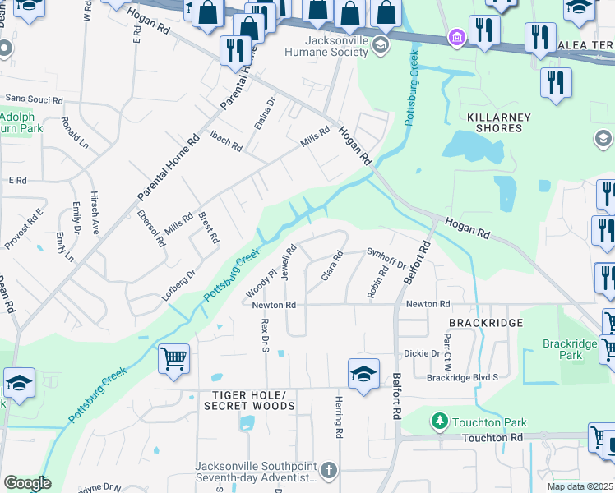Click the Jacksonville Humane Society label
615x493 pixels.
coord(336,46)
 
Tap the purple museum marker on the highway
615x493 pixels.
coord(456,37)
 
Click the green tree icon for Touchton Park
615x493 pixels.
coord(440,422)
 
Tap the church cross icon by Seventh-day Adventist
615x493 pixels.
coord(328,471)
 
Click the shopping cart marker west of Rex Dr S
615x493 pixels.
coord(174,359)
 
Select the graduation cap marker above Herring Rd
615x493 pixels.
coord(362,374)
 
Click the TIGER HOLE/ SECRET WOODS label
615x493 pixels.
coord(244,401)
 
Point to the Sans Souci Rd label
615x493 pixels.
coord(33,100)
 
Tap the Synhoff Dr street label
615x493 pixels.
coord(386,259)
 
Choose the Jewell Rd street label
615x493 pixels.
coord(288,262)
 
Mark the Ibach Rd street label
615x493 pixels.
coord(225,141)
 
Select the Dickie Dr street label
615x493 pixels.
coord(422,354)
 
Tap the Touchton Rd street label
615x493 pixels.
coord(492,438)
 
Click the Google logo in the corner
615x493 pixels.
coord(26,483)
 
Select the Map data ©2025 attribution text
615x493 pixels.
coord(580,486)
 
